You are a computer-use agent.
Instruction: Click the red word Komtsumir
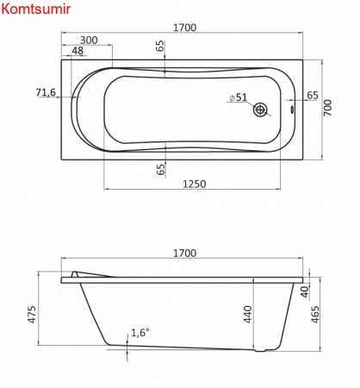tap(36, 9)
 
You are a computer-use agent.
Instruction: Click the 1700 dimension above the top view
tap(185, 28)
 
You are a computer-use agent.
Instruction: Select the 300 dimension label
tap(89, 41)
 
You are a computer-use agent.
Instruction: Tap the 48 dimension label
tap(78, 51)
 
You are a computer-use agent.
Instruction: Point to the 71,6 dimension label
tap(46, 92)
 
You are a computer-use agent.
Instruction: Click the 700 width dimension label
tap(327, 108)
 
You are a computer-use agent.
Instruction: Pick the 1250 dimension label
tap(195, 184)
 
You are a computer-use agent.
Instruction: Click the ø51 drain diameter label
tap(239, 97)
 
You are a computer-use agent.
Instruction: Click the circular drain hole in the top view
tap(260, 110)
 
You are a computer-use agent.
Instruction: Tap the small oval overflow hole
tap(292, 110)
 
